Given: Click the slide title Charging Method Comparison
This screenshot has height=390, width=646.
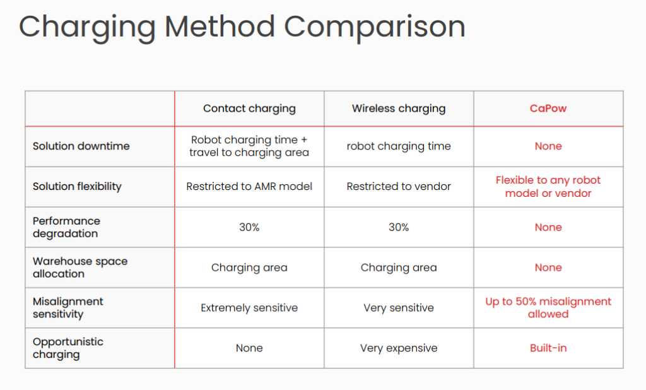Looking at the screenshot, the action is pyautogui.click(x=242, y=27).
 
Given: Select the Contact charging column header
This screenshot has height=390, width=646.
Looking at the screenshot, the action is pyautogui.click(x=249, y=109).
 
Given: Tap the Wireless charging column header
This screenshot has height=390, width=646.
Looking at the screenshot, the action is pyautogui.click(x=399, y=109).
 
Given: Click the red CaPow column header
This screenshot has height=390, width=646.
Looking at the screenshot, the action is pyautogui.click(x=548, y=109).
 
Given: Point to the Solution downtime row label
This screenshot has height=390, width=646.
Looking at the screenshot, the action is pyautogui.click(x=81, y=146).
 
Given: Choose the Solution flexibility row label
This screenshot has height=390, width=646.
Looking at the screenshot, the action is pyautogui.click(x=77, y=186).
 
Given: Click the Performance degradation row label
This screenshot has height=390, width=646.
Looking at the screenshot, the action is pyautogui.click(x=66, y=227).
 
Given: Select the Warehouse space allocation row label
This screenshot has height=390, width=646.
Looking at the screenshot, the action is pyautogui.click(x=80, y=268).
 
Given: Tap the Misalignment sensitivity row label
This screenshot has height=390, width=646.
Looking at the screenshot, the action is pyautogui.click(x=68, y=307).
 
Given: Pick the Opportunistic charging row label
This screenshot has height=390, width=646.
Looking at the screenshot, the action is pyautogui.click(x=68, y=348).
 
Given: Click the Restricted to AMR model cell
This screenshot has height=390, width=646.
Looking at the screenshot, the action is pyautogui.click(x=249, y=186).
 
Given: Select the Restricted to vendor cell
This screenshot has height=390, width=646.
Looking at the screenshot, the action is pyautogui.click(x=399, y=186).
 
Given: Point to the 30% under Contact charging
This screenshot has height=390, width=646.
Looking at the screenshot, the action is pyautogui.click(x=249, y=227).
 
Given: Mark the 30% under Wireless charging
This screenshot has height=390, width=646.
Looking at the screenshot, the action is pyautogui.click(x=399, y=227).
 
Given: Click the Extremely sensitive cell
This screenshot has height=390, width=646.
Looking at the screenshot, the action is pyautogui.click(x=249, y=307).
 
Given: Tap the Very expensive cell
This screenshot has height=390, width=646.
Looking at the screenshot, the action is pyautogui.click(x=399, y=348).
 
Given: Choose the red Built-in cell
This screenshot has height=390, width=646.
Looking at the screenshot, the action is pyautogui.click(x=548, y=348).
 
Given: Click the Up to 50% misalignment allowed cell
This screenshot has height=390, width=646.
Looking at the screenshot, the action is pyautogui.click(x=548, y=307).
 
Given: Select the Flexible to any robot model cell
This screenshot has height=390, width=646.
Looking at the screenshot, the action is pyautogui.click(x=548, y=186).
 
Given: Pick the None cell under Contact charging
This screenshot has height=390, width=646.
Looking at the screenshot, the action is pyautogui.click(x=249, y=348).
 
